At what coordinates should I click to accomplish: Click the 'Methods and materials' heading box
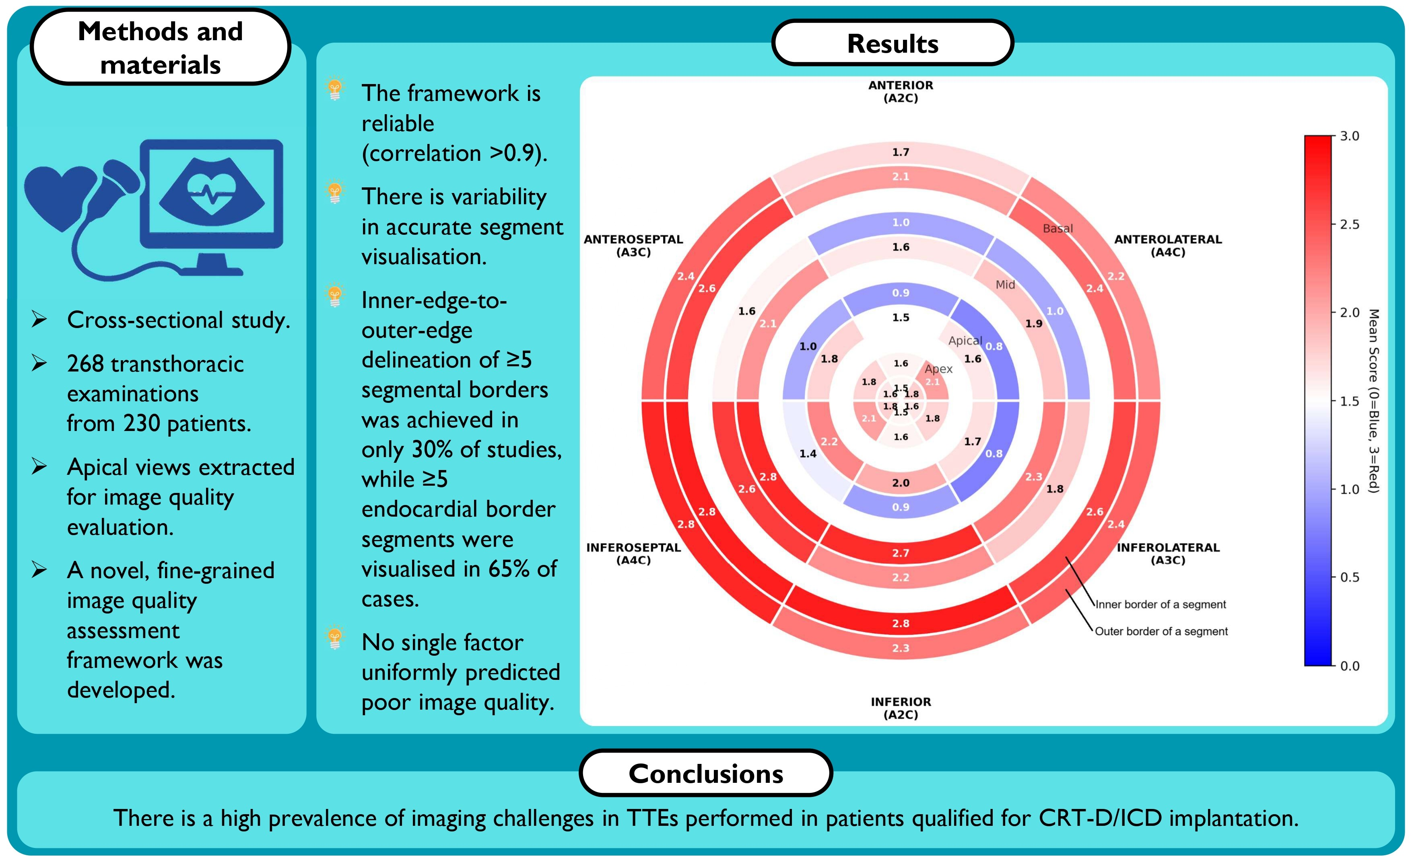point(161,47)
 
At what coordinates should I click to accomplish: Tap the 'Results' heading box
point(892,43)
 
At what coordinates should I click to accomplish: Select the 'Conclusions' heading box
point(705,774)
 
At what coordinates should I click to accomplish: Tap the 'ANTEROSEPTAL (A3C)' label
point(633,246)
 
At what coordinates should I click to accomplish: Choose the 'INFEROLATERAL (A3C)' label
point(1168,554)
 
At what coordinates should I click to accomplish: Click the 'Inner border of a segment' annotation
point(1161,605)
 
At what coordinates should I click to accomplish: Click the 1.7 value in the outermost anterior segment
point(900,152)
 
